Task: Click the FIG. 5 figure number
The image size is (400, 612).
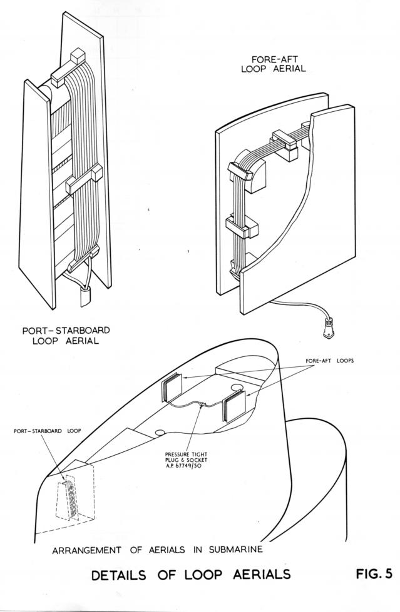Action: (374, 574)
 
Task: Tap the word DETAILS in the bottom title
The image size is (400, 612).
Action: (118, 575)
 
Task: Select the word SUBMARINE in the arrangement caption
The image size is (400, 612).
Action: (236, 549)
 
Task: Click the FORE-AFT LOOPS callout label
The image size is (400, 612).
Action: (330, 361)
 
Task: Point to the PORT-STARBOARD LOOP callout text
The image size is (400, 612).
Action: (48, 431)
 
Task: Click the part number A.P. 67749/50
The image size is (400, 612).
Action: (186, 466)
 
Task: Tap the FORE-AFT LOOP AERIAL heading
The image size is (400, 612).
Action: (274, 64)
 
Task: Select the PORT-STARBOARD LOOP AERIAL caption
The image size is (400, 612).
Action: (66, 335)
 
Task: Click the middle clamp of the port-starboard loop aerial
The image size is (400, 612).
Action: (84, 178)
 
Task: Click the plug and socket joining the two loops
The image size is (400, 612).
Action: (202, 404)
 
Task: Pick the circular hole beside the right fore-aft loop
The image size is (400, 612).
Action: (237, 387)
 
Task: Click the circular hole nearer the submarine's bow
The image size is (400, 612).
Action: (160, 433)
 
